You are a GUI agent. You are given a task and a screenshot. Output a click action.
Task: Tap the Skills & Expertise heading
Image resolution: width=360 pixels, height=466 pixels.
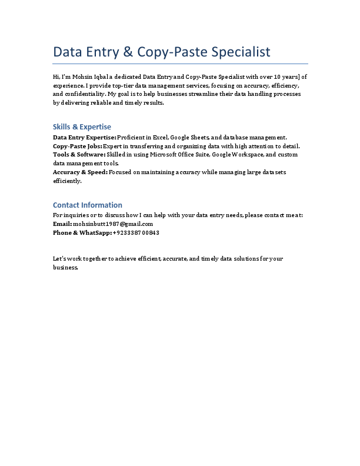(82, 127)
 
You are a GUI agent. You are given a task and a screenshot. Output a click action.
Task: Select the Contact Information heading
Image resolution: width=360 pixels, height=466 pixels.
(88, 205)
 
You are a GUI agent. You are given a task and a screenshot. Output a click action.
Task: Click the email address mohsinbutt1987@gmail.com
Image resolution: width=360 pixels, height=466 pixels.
(113, 224)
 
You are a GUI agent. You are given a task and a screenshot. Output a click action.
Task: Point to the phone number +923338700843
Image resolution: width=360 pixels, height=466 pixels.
(136, 232)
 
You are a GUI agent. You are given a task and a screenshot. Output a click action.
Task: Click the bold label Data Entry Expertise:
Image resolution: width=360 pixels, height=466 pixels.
(85, 137)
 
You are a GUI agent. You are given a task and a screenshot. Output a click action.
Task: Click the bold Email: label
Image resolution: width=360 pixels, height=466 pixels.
(62, 224)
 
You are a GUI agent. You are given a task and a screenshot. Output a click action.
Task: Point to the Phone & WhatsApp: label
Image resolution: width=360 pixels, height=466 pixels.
(82, 232)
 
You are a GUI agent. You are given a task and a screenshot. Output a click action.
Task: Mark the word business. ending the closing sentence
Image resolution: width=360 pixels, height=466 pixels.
(65, 268)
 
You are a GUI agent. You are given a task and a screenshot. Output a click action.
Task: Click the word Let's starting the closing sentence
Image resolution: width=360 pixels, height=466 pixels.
(59, 259)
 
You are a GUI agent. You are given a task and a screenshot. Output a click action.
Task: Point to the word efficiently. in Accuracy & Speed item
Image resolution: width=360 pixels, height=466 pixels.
(67, 181)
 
